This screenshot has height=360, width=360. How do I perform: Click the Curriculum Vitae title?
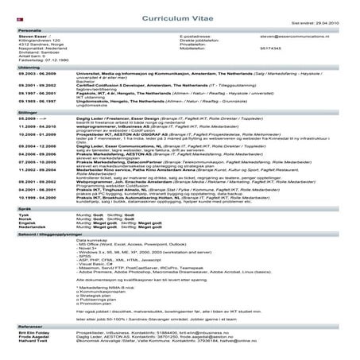tap(180, 15)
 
